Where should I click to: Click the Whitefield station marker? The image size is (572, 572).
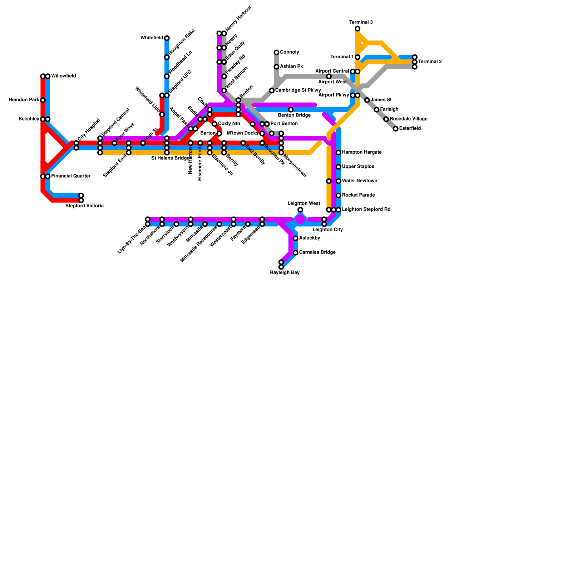pyautogui.click(x=167, y=38)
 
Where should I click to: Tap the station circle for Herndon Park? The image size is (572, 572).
pyautogui.click(x=43, y=100)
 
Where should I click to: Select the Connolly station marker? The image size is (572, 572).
pyautogui.click(x=276, y=53)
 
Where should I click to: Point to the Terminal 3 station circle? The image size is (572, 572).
pyautogui.click(x=357, y=29)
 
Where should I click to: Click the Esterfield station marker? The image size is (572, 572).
pyautogui.click(x=395, y=129)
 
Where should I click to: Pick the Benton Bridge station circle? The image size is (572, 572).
pyautogui.click(x=291, y=110)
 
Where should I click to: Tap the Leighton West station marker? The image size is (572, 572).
pyautogui.click(x=300, y=210)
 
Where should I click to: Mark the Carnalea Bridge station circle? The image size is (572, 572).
pyautogui.click(x=296, y=253)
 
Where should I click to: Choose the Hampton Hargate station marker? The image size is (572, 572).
pyautogui.click(x=339, y=153)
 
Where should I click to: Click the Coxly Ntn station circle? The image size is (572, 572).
pyautogui.click(x=214, y=124)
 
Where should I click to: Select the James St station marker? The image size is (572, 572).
pyautogui.click(x=367, y=100)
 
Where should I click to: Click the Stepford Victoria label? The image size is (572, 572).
pyautogui.click(x=84, y=206)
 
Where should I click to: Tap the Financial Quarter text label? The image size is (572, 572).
pyautogui.click(x=71, y=176)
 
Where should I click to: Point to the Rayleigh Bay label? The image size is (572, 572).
pyautogui.click(x=285, y=273)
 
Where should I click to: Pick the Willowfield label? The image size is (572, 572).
pyautogui.click(x=63, y=76)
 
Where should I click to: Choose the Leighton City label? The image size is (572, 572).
pyautogui.click(x=327, y=230)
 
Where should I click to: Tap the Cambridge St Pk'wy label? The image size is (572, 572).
pyautogui.click(x=298, y=90)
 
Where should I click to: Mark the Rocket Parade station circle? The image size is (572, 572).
pyautogui.click(x=339, y=196)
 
